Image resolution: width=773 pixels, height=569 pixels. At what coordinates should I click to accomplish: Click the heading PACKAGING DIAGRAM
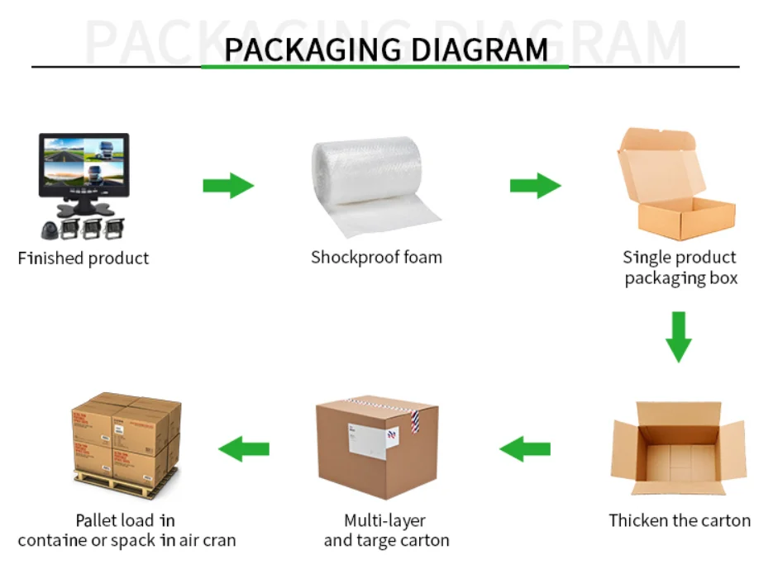click(x=385, y=49)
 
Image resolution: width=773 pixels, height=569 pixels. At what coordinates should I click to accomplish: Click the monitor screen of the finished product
click(x=83, y=165)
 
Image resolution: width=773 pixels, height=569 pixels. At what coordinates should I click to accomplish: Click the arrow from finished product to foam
click(x=228, y=185)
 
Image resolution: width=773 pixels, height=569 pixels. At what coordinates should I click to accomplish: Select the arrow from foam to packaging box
click(x=535, y=185)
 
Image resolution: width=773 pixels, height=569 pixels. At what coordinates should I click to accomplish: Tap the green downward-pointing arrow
click(x=679, y=336)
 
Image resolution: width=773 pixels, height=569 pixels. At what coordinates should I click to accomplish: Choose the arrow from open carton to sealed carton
click(x=525, y=449)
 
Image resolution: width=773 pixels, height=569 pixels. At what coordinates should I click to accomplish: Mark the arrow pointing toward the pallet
click(x=244, y=449)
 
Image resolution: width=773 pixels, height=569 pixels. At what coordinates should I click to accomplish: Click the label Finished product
click(x=84, y=258)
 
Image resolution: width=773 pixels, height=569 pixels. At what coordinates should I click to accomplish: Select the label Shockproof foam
click(x=376, y=258)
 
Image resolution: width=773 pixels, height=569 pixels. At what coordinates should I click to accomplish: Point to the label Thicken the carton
click(x=680, y=520)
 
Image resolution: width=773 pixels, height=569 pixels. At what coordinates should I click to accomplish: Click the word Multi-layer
click(x=385, y=520)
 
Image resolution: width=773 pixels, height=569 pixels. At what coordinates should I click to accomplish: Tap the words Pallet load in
click(x=126, y=520)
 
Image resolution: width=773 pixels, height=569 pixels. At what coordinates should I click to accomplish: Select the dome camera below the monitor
click(x=47, y=230)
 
